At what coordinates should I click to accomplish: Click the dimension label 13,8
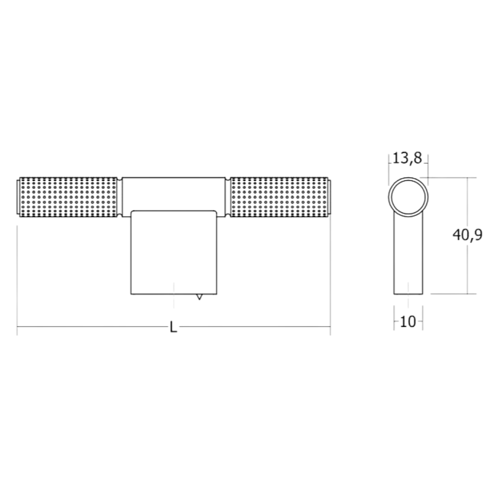coord(407,158)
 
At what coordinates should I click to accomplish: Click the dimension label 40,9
coord(467,235)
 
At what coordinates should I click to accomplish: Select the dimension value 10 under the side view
coord(408,322)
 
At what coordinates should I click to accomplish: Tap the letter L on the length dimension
coord(173,327)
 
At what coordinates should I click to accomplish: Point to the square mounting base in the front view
coord(173,252)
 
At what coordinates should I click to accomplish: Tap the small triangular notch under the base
coord(199,297)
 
